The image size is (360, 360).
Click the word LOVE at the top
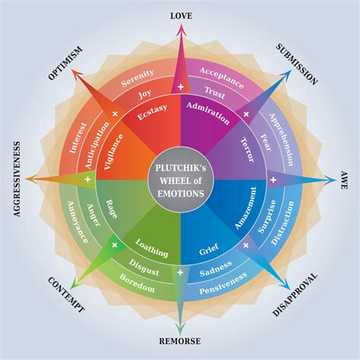[x=180, y=15]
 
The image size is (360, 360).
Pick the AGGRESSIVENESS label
[x=16, y=179]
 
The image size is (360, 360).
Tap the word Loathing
[x=152, y=245]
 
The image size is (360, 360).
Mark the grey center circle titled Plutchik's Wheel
[x=180, y=180]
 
